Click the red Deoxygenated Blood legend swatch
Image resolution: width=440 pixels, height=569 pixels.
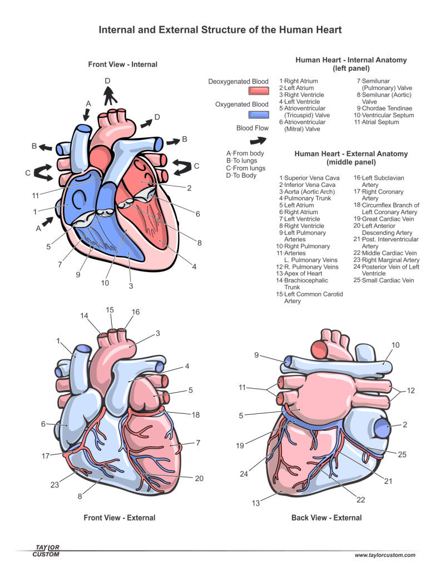click(258, 91)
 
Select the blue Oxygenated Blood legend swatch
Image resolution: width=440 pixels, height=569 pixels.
click(258, 115)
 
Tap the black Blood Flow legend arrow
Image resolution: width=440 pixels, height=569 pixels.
click(259, 141)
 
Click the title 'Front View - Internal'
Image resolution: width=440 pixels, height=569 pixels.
click(122, 65)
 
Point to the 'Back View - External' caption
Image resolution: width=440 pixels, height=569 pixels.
click(327, 518)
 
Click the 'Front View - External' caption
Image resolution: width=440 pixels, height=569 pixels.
click(119, 518)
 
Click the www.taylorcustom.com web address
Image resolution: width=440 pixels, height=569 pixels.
click(385, 555)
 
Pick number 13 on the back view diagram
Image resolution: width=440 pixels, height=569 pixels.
click(256, 504)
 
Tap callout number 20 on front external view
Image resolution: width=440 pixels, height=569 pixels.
click(199, 478)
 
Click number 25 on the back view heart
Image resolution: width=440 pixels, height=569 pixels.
click(402, 454)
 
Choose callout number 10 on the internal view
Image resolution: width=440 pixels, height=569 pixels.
click(105, 283)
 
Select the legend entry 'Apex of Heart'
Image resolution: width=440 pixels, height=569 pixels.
click(303, 274)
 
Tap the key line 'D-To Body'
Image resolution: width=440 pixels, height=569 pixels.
click(241, 175)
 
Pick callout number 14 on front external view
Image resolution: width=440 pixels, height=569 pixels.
click(84, 316)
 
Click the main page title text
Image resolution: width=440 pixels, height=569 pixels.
click(220, 29)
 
